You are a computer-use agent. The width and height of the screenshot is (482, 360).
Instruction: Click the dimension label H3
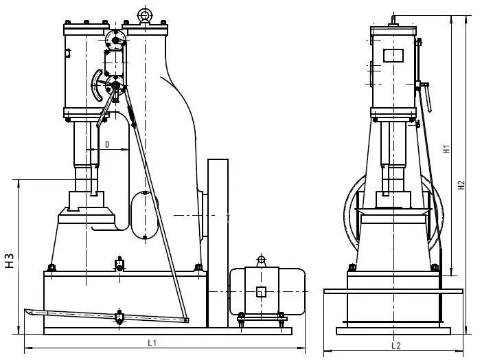point(10,260)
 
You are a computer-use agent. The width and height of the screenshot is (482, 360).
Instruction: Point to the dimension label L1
point(152,343)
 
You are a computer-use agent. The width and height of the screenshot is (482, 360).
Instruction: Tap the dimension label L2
point(396,346)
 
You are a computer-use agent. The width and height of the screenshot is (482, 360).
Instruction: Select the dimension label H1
point(446,149)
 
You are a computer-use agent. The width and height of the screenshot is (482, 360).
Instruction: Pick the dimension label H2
point(461,185)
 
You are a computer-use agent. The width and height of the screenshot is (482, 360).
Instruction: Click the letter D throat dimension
point(107,144)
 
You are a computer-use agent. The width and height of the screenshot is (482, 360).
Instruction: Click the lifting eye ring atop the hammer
point(144,14)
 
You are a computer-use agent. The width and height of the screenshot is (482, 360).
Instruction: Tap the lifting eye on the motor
point(261,260)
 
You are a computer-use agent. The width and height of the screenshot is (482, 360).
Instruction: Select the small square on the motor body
point(261,292)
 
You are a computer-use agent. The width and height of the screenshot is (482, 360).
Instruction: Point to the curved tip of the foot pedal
point(28,312)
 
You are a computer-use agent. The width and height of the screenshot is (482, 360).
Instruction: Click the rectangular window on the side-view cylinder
point(393,56)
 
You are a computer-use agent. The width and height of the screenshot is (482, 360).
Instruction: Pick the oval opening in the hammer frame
point(144,215)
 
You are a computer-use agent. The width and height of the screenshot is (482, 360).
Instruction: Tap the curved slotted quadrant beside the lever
point(97,85)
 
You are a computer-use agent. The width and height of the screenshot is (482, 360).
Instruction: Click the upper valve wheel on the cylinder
point(115,40)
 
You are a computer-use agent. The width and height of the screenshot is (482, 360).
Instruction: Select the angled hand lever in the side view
point(426,97)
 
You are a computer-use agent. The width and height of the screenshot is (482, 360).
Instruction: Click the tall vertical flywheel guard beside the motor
point(218,243)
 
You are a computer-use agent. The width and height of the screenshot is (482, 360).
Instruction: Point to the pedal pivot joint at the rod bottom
point(186,320)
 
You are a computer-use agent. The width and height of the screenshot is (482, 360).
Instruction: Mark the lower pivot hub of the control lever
point(115,85)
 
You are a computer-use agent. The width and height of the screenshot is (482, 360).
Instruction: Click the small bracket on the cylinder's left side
point(68,53)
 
